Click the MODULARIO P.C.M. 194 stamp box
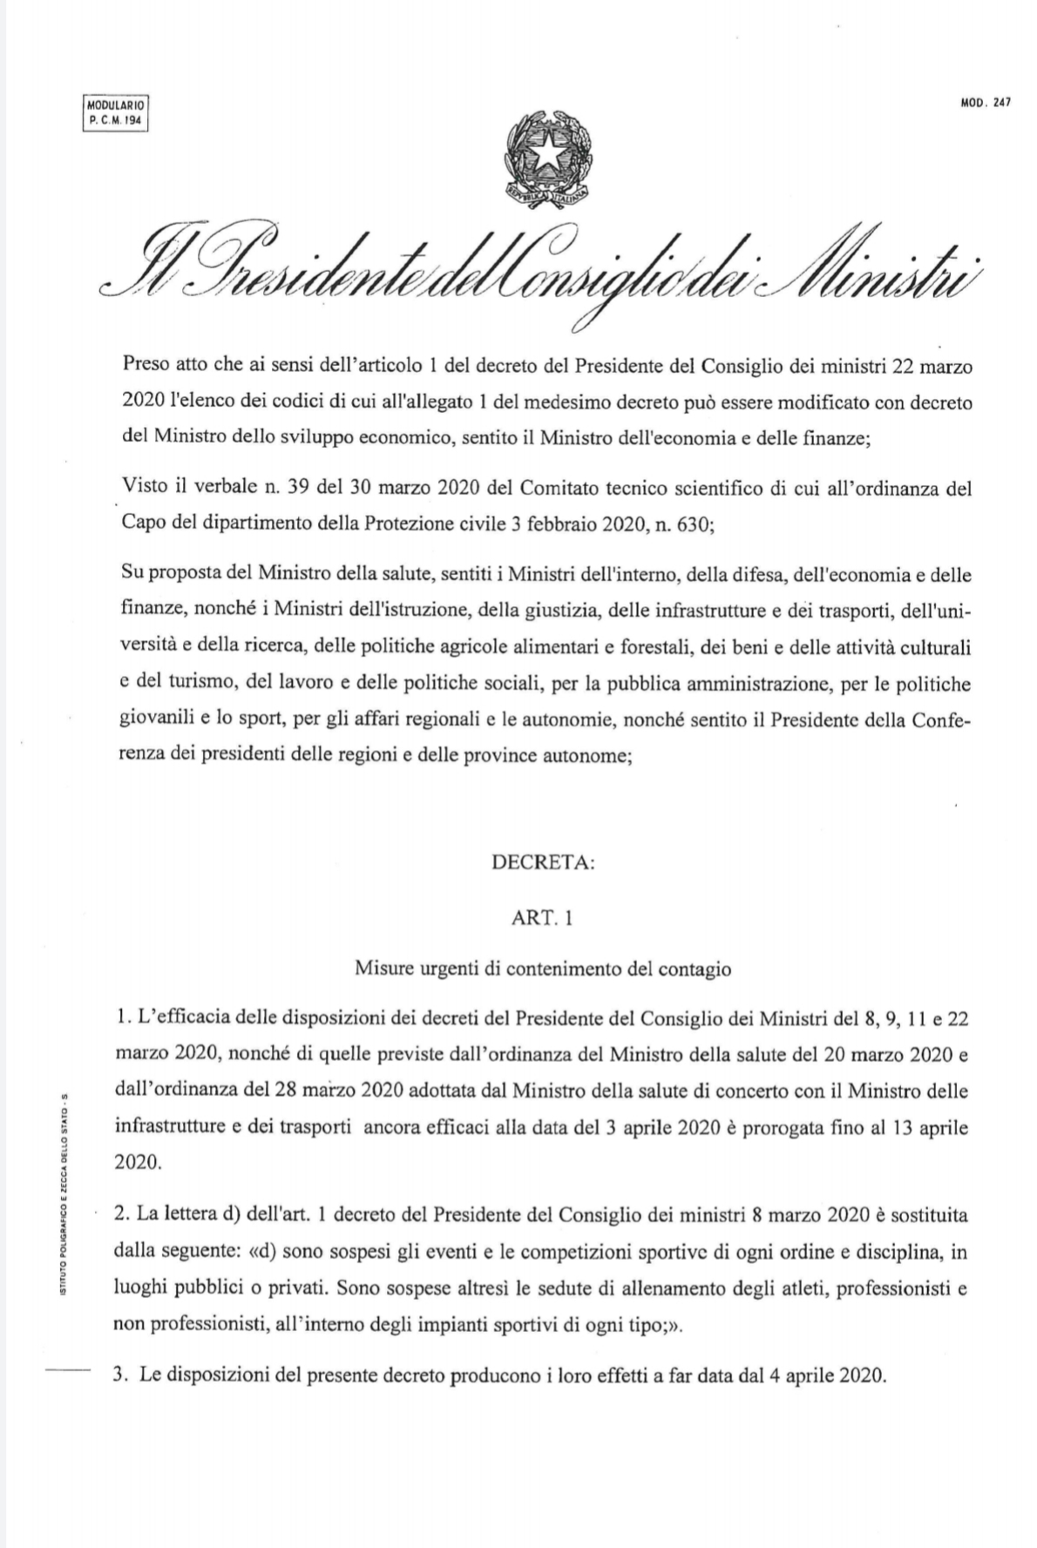pyautogui.click(x=115, y=112)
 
